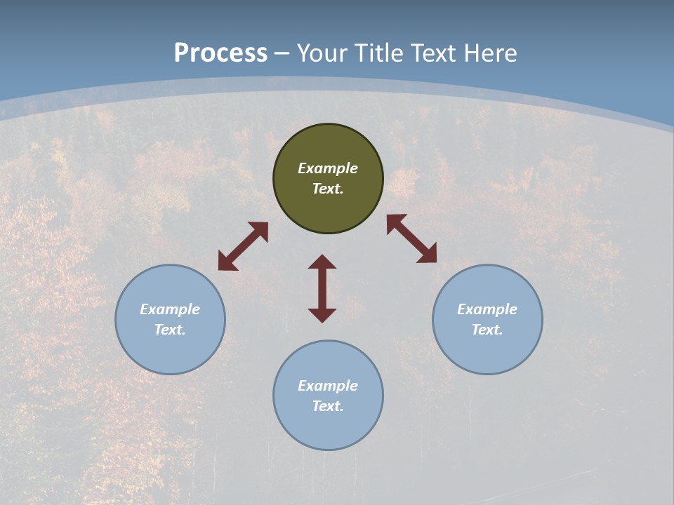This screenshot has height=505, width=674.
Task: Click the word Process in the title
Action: tap(220, 53)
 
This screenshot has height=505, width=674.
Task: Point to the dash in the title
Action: tap(282, 54)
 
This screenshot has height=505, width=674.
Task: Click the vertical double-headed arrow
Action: tap(322, 288)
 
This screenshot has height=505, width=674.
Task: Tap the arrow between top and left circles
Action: tap(243, 246)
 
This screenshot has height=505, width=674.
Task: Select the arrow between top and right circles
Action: tap(411, 238)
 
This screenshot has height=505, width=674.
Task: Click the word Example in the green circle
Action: tap(328, 168)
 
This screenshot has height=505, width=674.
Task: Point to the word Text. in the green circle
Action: tap(328, 189)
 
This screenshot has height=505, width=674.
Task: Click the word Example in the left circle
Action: tap(170, 309)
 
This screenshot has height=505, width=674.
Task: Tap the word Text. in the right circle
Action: tap(487, 330)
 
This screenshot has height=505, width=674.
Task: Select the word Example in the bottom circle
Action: tap(328, 386)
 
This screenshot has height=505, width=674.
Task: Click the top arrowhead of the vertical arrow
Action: tap(322, 262)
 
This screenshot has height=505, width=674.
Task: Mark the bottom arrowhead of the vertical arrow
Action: tap(322, 315)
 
